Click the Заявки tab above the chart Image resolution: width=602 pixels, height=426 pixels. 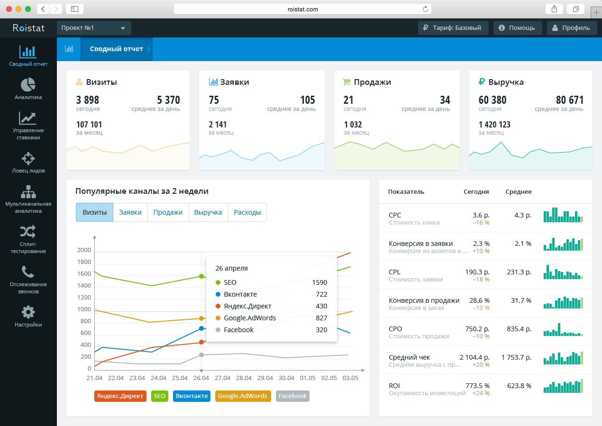(130, 212)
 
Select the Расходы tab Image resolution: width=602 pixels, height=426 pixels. (247, 212)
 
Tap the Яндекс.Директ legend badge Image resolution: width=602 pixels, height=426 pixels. (120, 396)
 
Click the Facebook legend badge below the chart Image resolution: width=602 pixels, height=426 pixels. (292, 396)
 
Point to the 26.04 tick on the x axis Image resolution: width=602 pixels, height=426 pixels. (201, 378)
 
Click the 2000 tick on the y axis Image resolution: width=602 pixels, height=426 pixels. (84, 251)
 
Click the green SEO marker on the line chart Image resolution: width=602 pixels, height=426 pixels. (201, 276)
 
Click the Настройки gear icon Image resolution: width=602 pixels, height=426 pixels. (28, 312)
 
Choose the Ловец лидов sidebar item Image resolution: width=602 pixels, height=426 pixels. (28, 162)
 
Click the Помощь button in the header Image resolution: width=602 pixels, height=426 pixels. (517, 28)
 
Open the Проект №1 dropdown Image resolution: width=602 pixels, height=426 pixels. (93, 28)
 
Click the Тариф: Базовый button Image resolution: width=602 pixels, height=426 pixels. (453, 28)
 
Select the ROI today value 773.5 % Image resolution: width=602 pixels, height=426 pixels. (477, 386)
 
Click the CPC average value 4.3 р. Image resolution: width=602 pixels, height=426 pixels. (522, 215)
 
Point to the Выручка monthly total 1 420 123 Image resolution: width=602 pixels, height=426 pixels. (494, 125)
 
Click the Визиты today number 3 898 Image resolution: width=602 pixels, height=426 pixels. (88, 100)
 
